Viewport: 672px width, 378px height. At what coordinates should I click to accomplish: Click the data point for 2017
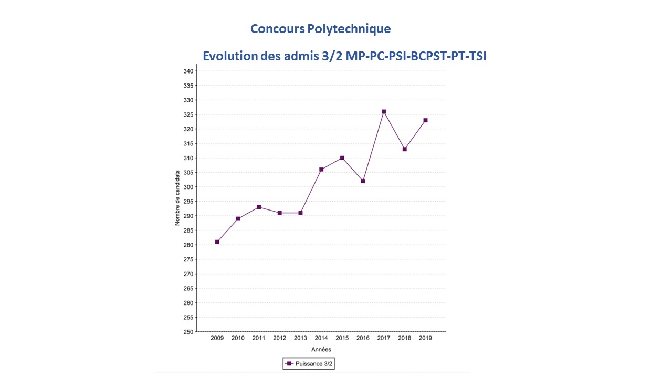(384, 111)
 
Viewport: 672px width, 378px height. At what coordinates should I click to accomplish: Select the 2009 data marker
(217, 242)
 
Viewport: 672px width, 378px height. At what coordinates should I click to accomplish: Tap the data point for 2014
(321, 170)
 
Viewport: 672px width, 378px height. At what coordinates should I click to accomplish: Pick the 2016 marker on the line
(363, 181)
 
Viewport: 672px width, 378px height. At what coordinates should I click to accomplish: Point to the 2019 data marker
(425, 120)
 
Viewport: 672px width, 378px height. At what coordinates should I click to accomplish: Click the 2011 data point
(259, 207)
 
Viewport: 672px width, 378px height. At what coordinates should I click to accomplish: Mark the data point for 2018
(405, 149)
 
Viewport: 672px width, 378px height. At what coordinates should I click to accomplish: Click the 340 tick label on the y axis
(187, 71)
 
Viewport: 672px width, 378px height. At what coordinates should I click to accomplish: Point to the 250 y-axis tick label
(187, 332)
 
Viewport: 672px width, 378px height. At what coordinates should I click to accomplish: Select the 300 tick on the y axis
(187, 187)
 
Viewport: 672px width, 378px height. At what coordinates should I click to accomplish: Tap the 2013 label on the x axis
(300, 338)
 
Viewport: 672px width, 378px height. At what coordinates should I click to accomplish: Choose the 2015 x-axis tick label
(342, 338)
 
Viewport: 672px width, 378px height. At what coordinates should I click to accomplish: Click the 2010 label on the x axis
(238, 338)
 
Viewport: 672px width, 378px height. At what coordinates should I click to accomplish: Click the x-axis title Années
(321, 350)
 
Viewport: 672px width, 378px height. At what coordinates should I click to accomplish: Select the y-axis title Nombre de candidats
(177, 198)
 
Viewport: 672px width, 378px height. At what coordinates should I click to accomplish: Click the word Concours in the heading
(276, 29)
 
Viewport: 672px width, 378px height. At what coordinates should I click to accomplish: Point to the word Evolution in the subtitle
(229, 56)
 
